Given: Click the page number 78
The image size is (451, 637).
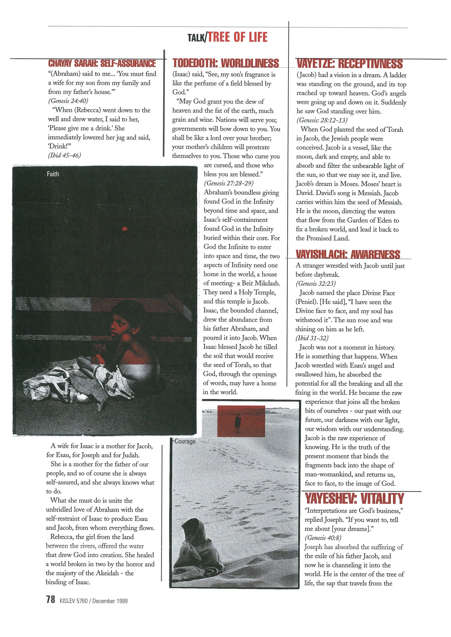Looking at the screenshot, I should coord(51,600).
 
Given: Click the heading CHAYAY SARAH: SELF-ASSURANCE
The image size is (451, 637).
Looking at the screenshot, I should coord(102,63).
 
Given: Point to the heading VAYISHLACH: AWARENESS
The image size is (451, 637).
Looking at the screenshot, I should coord(348,254).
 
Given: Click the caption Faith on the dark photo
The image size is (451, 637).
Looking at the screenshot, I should coord(53,174).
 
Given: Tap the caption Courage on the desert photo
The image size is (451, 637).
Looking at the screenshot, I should coord(185,441).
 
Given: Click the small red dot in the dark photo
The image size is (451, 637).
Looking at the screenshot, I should coord(125,229).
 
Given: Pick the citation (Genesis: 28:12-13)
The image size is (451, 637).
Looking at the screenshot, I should coord(322,120).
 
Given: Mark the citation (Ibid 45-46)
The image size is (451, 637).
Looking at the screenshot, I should coord(65,155).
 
